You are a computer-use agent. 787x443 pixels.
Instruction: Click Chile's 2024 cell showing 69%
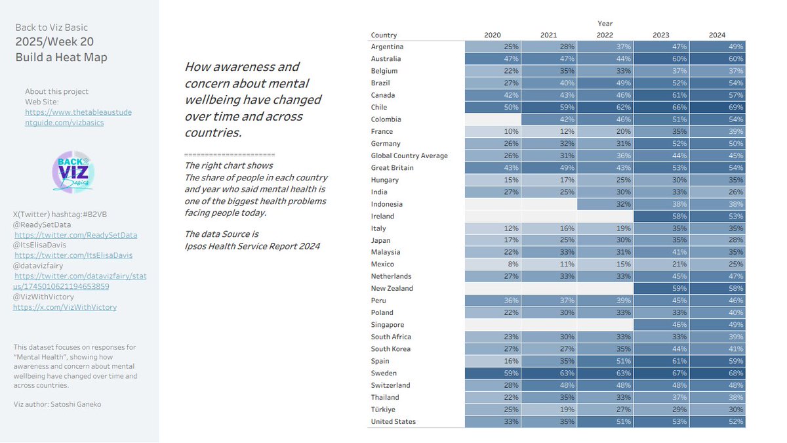717,107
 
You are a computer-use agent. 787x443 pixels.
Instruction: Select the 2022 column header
605,35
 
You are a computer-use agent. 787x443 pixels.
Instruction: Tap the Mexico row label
382,264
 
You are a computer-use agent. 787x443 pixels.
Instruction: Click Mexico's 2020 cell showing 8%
493,264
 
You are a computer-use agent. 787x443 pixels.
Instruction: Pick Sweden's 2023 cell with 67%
661,373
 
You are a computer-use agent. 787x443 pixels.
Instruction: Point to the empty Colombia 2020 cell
493,119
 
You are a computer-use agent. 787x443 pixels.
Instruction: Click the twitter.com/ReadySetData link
75,234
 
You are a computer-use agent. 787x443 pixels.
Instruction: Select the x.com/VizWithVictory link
65,306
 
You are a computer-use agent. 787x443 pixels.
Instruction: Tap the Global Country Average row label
409,156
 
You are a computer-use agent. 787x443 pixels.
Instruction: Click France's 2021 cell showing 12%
549,131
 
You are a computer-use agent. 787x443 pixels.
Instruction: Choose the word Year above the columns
605,24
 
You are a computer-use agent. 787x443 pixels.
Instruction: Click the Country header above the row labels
384,35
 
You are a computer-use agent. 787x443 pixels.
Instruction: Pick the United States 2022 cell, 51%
605,421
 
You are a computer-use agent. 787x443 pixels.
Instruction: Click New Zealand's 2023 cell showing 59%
661,288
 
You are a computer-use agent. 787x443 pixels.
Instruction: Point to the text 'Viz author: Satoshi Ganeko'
57,404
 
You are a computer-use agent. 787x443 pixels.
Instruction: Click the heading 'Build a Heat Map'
61,57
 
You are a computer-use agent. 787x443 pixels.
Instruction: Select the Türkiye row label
384,409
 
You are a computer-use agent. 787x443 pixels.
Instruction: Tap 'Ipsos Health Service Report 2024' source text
252,246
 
